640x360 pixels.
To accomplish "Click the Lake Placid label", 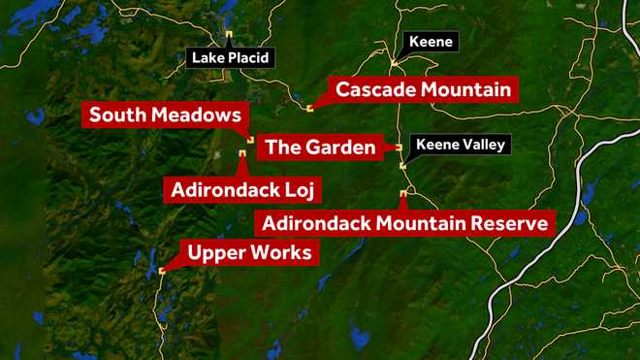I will click(x=231, y=58).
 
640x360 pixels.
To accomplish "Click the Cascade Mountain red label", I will click(x=423, y=90).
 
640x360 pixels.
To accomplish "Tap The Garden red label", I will click(x=319, y=147).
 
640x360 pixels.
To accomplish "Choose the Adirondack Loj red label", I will click(x=244, y=186).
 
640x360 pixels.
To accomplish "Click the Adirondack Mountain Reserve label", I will click(x=404, y=223).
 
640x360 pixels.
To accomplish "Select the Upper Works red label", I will click(x=249, y=254).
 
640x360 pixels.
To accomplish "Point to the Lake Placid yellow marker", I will click(x=230, y=35).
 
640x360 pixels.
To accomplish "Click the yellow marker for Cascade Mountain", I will click(x=309, y=108).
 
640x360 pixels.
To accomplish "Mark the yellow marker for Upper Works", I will click(x=161, y=271).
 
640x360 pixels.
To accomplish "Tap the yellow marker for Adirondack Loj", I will click(x=241, y=153).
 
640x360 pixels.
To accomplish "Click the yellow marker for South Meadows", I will click(x=250, y=141).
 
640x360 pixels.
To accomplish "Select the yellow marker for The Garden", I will click(x=400, y=147).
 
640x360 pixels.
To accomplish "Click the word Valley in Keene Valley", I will click(x=482, y=147).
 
